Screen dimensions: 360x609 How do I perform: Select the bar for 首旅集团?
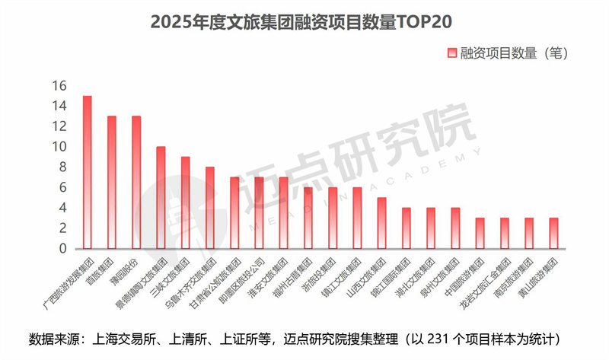[112, 183]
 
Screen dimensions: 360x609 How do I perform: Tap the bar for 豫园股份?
[136, 183]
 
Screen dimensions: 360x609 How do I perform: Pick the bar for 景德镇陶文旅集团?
[161, 198]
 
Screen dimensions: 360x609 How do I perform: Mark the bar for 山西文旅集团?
[381, 224]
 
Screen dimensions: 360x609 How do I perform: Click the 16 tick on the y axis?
[59, 85]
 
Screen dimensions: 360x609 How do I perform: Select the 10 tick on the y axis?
[59, 147]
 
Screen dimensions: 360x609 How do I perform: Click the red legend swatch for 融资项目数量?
[451, 53]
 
